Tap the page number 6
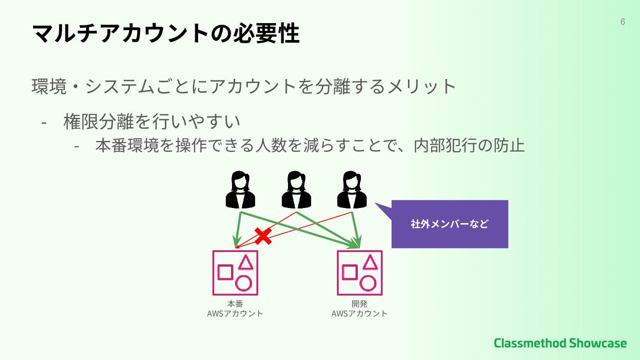point(623,22)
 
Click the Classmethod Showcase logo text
point(560,343)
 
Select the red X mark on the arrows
point(263,236)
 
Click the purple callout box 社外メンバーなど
point(449,224)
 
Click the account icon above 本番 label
point(235,272)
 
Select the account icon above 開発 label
point(359,272)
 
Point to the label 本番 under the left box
point(235,304)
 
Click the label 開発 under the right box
point(359,304)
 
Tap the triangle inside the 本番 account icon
point(245,263)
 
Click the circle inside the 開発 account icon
point(368,283)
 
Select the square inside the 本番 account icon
point(225,272)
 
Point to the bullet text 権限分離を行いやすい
point(152,121)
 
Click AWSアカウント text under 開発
point(359,313)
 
